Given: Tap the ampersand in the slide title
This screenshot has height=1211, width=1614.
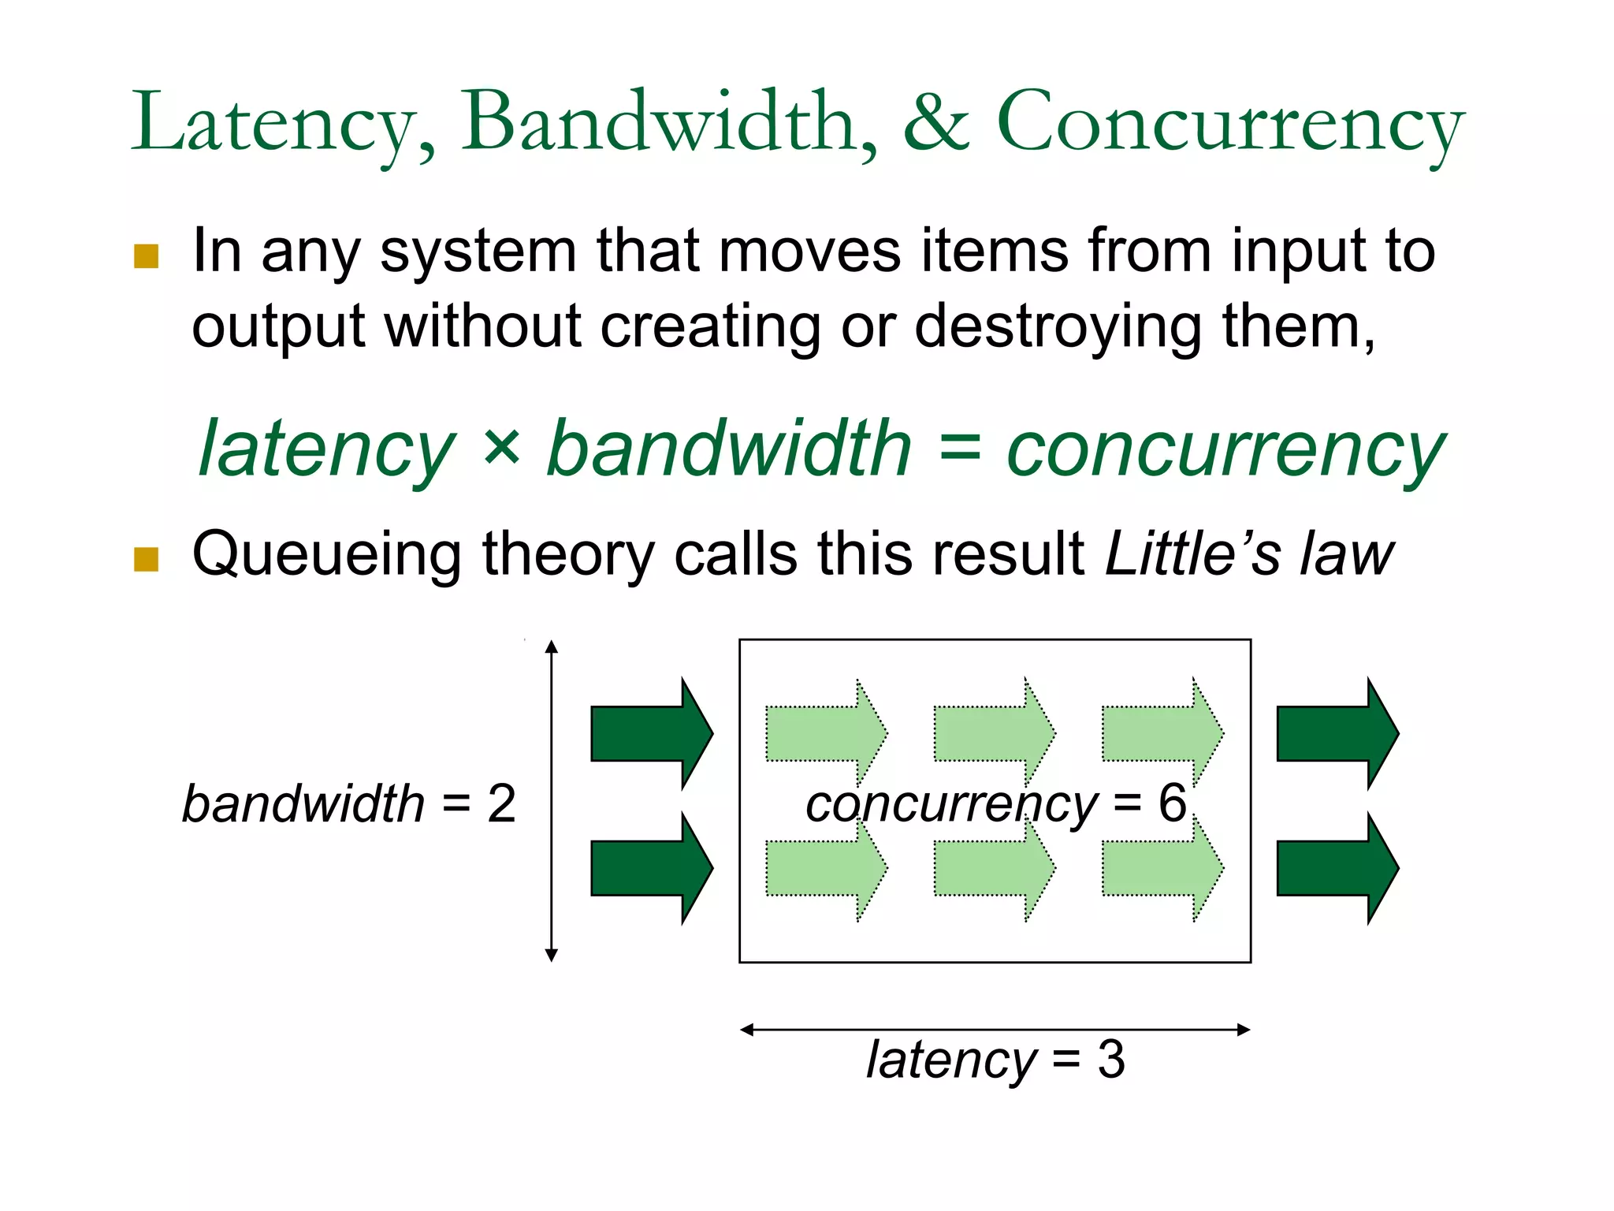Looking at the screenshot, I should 935,123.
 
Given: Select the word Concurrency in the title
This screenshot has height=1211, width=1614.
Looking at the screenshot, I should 1229,123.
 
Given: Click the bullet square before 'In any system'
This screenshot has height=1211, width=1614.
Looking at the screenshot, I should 147,256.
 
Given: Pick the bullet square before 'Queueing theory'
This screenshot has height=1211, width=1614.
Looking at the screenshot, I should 147,559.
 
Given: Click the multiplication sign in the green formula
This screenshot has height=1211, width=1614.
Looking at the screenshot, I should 501,446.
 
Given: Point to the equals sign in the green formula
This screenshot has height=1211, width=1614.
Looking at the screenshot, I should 959,449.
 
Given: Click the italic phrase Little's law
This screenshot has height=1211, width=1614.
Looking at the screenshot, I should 1249,554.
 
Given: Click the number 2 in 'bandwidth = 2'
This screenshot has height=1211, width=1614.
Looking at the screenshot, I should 501,804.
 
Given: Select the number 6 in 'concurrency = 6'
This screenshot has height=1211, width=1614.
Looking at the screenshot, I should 1172,803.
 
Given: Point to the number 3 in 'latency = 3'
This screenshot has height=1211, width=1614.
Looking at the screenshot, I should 1111,1059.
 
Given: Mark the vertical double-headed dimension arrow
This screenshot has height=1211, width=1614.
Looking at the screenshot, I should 552,867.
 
